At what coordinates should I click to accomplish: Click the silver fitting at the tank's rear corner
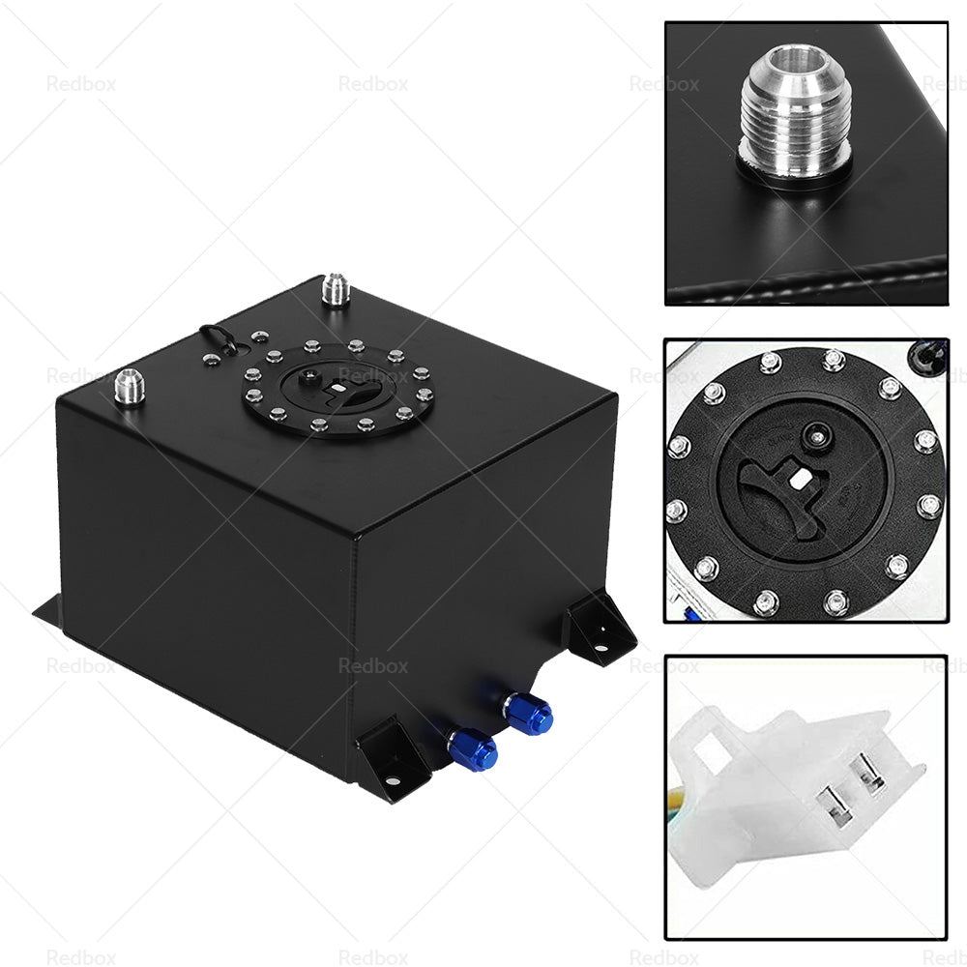point(336,290)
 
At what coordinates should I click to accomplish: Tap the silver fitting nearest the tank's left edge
point(128,388)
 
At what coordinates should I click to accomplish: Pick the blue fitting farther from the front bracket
point(529,715)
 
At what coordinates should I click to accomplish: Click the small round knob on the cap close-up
point(817,435)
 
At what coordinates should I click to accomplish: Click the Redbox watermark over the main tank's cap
point(372,375)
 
